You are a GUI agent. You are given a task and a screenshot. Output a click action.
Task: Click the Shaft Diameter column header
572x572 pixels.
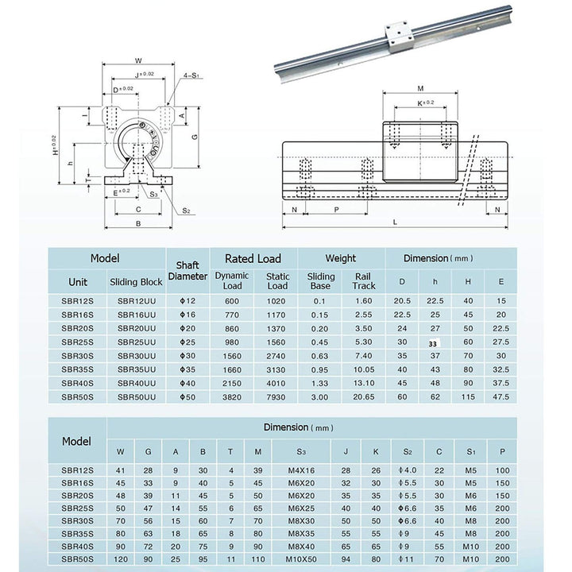187,272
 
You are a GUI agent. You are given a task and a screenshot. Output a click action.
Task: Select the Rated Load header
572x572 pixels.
253,258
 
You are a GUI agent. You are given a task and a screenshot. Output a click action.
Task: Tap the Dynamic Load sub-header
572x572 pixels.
232,280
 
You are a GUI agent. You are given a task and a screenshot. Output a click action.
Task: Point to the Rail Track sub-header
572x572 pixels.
363,280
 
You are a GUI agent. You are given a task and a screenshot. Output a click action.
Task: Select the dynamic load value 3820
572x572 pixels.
232,396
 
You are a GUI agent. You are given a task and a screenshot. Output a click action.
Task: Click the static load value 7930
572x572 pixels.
277,396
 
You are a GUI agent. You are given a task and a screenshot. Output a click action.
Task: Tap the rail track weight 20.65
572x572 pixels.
363,396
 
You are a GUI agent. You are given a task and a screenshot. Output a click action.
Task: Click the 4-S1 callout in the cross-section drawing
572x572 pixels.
191,74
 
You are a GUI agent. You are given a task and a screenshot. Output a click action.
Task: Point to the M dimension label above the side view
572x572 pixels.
420,89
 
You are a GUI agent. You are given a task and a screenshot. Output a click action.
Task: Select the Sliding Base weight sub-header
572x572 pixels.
320,280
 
